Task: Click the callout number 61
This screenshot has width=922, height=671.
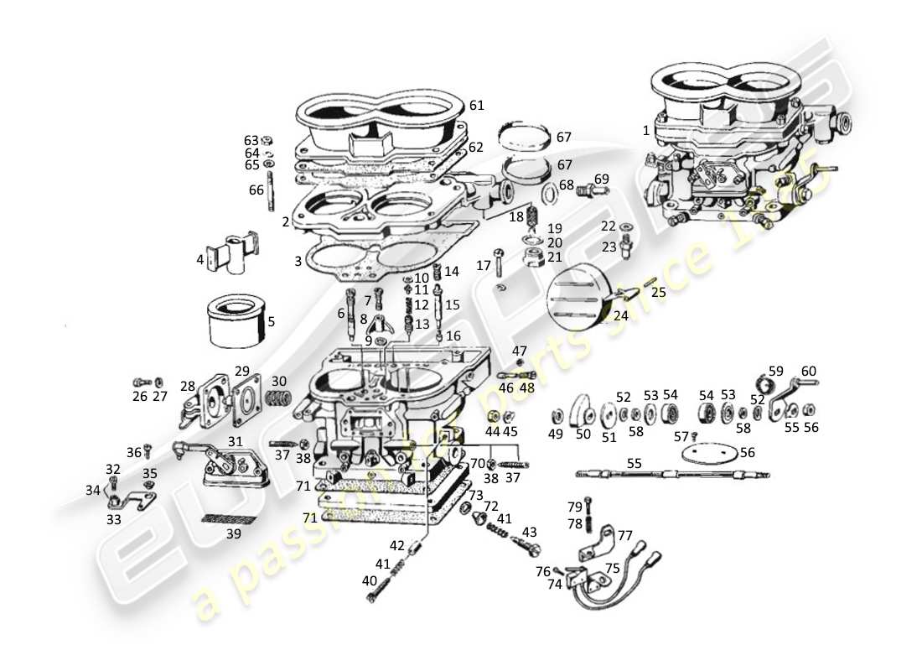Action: coord(477,106)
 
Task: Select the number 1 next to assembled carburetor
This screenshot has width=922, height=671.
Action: coord(645,131)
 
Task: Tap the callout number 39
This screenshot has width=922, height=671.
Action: coord(233,534)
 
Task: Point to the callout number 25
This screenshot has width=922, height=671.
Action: coord(658,292)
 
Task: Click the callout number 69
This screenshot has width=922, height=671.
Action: coord(601,179)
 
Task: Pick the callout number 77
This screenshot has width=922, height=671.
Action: coord(625,534)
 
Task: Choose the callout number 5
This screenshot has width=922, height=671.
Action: coord(271,321)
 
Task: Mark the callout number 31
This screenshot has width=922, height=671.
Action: coord(236,442)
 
